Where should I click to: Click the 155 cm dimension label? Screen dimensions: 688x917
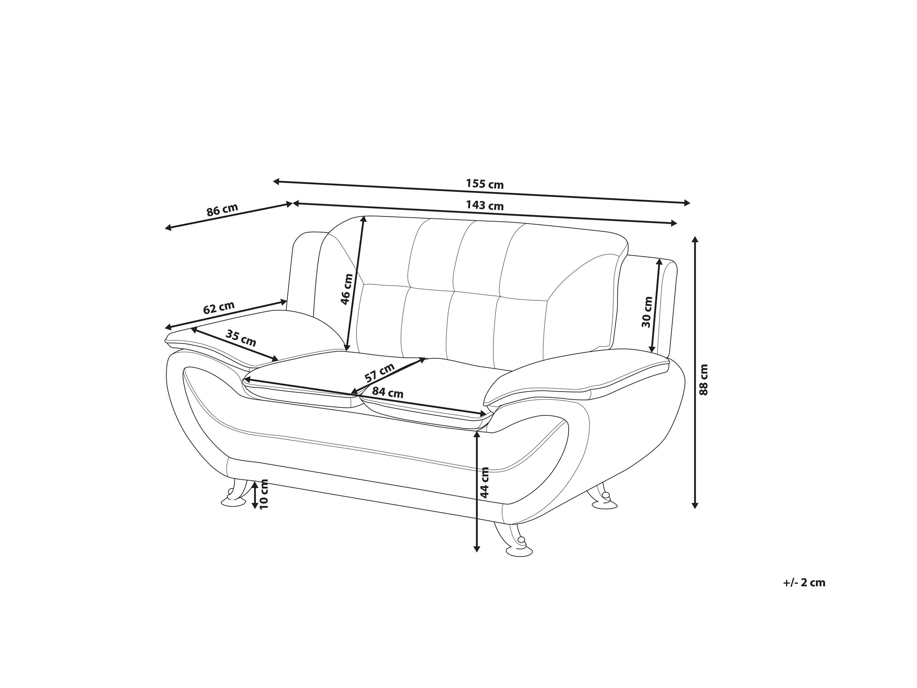pos(484,183)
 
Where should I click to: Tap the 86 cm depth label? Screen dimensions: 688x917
pos(222,210)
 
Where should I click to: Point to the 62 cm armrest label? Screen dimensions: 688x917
pos(219,307)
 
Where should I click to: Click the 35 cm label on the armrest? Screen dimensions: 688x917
pos(240,338)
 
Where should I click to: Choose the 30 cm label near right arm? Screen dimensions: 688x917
pos(647,312)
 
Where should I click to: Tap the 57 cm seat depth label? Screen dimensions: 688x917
pos(379,372)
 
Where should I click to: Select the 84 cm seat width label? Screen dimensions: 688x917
pos(387,392)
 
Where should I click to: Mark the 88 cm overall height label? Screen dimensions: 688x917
pos(703,379)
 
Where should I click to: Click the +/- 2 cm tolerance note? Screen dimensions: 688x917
pos(804,583)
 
